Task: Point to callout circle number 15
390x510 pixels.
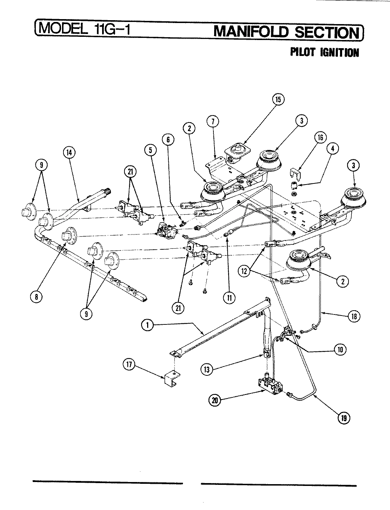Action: [x=278, y=100]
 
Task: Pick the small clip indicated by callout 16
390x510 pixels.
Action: [x=295, y=174]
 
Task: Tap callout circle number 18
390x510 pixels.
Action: [x=353, y=316]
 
